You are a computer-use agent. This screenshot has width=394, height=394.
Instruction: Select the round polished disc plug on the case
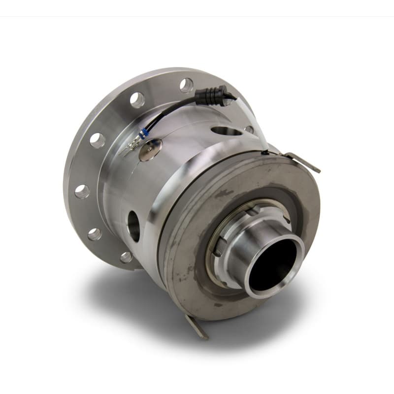click(x=150, y=150)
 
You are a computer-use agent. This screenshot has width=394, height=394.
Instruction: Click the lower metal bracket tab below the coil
click(x=197, y=326)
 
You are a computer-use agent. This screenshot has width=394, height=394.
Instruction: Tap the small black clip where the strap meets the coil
click(x=265, y=153)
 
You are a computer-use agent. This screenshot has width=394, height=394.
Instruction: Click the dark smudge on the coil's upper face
click(x=224, y=194)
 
